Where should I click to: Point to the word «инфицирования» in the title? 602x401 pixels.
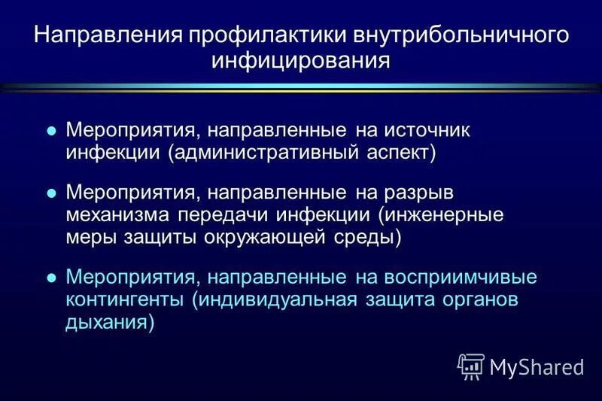[x=300, y=60]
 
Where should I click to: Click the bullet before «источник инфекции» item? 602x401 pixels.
[x=52, y=130]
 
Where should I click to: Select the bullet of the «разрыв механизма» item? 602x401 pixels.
[x=52, y=193]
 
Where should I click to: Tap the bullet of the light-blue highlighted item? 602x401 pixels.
[x=52, y=277]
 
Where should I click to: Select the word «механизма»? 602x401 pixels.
[x=120, y=214]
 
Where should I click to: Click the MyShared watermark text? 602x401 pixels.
[x=537, y=367]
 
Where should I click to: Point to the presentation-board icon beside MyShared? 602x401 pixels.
[x=471, y=366]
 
